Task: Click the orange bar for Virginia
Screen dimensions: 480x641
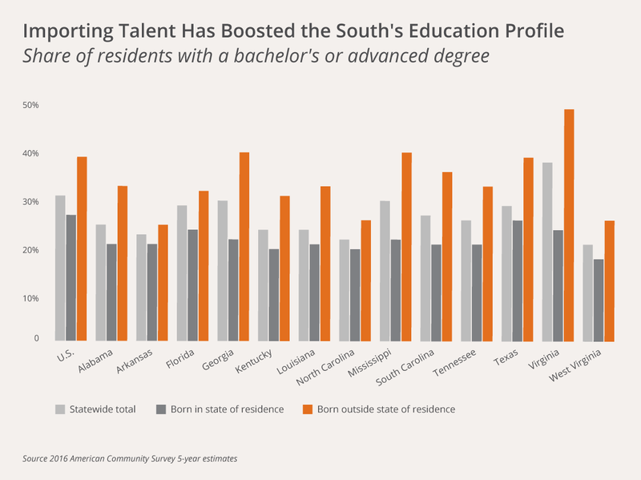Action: pos(569,224)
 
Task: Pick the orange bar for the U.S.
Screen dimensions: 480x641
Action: pos(82,248)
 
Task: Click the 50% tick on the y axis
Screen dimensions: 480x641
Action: pos(31,105)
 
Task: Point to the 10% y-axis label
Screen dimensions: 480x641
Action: pos(31,298)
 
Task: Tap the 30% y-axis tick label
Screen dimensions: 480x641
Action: pos(31,202)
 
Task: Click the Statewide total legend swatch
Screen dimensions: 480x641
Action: pos(60,409)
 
